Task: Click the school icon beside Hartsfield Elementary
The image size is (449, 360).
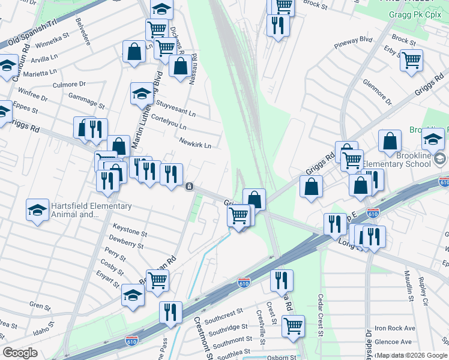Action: click(x=37, y=210)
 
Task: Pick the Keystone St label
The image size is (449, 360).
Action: click(x=130, y=230)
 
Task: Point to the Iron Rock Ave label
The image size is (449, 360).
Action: click(x=395, y=328)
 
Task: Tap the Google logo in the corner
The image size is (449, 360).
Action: click(x=20, y=353)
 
